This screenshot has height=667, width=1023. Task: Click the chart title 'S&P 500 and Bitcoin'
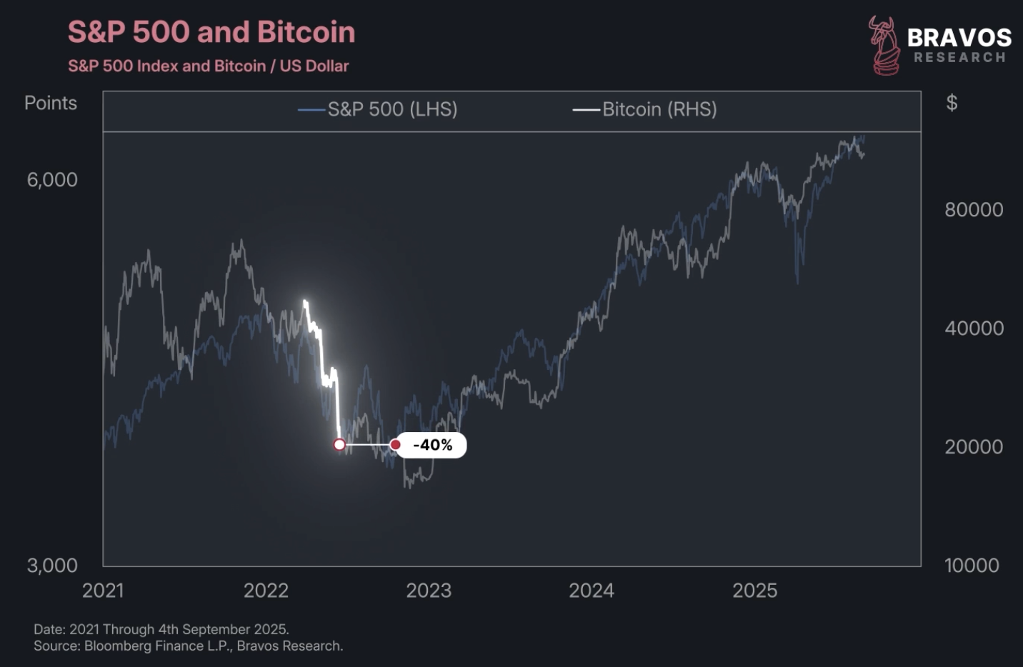[x=211, y=33]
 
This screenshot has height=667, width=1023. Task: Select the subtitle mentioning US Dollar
[x=208, y=66]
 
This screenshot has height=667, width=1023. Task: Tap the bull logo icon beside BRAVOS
[x=884, y=46]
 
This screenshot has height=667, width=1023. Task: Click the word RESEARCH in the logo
[x=959, y=58]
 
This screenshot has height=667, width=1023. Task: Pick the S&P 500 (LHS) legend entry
[x=379, y=109]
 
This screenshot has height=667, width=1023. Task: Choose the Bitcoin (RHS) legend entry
[x=645, y=109]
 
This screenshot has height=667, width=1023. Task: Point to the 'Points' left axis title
[x=51, y=103]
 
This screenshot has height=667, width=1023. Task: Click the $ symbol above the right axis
[x=951, y=103]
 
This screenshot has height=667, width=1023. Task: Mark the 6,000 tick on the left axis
[x=52, y=180]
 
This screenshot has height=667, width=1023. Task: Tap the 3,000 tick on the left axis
[x=52, y=566]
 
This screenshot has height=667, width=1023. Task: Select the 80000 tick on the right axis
[x=973, y=210]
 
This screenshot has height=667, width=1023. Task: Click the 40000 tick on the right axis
[x=973, y=329]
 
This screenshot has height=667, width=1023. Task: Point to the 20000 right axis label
[x=973, y=447]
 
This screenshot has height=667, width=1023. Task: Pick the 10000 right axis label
[x=972, y=566]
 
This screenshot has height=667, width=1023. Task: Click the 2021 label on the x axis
[x=103, y=591]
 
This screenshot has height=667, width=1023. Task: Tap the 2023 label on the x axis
[x=429, y=591]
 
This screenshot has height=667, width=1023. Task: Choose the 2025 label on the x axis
[x=754, y=591]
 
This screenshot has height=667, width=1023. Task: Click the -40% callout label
[x=432, y=445]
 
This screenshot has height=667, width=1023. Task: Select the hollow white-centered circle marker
[x=339, y=445]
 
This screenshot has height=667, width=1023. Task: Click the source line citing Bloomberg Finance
[x=188, y=646]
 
